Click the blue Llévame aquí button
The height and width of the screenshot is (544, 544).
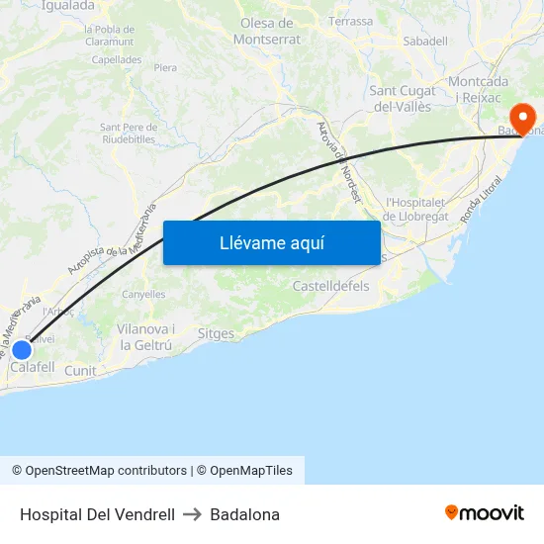271,242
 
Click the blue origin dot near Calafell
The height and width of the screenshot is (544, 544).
21,349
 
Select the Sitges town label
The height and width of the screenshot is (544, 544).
216,334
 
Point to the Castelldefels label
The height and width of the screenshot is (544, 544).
330,286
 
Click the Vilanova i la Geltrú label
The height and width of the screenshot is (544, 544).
145,337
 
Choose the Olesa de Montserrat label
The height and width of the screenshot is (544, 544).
266,31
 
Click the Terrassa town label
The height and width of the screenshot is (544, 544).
351,21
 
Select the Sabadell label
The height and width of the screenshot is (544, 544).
425,42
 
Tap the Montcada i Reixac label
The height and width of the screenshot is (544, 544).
479,89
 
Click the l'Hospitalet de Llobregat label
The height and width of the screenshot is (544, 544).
418,209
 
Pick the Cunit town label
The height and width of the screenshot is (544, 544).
80,371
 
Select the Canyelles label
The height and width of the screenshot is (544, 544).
143,295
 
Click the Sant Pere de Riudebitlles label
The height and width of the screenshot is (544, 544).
129,133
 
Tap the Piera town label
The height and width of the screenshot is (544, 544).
165,67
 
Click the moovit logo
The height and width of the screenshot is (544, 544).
485,512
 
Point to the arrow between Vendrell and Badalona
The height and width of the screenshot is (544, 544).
192,514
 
